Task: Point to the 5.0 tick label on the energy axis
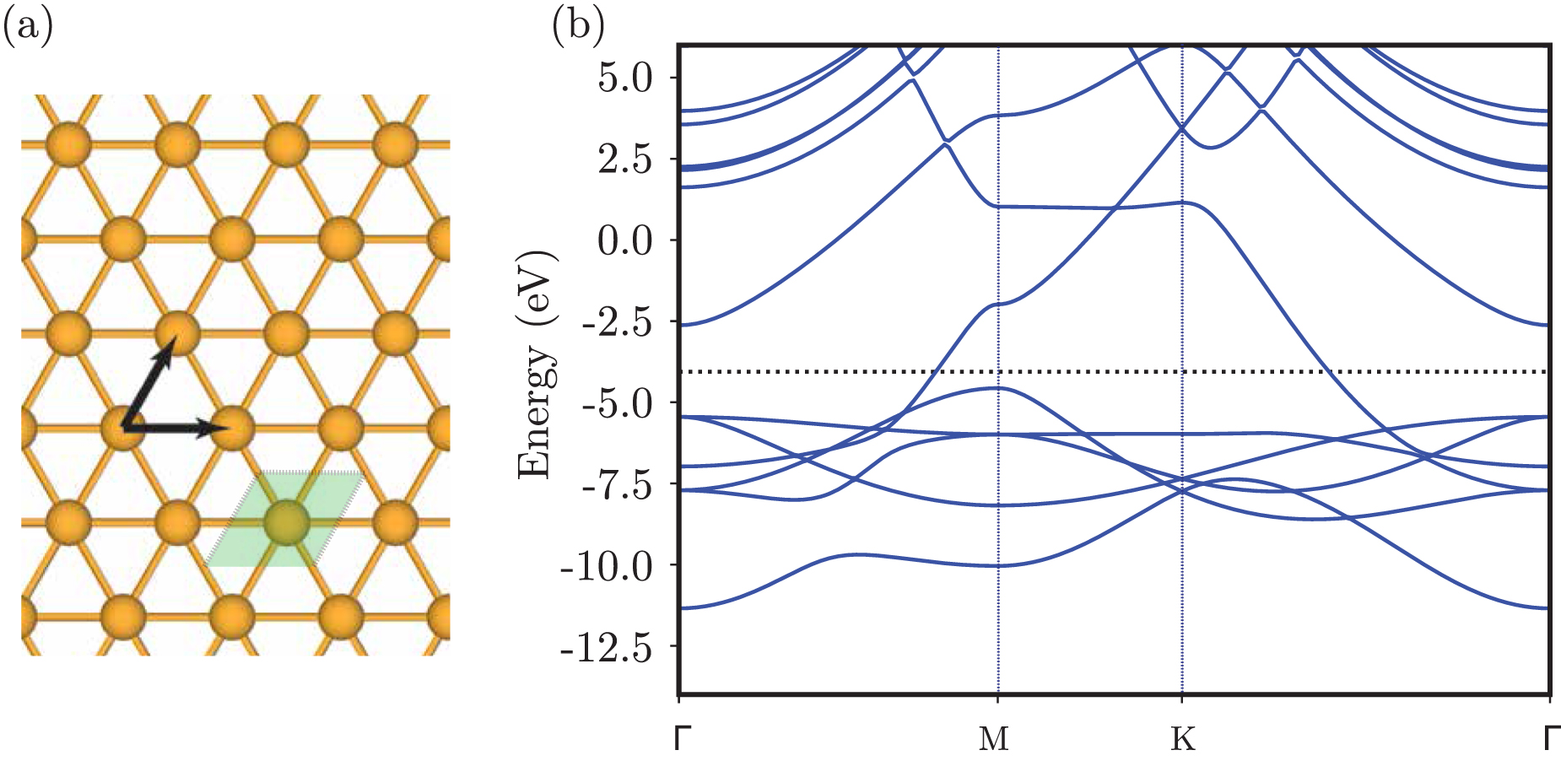tap(625, 78)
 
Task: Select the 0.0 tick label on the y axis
tap(625, 241)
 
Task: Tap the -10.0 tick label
tap(607, 567)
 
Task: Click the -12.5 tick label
tap(607, 648)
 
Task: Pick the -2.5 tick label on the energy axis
tap(616, 322)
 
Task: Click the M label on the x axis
tap(994, 739)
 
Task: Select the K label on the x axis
tap(1183, 739)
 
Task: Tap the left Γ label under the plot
tap(683, 737)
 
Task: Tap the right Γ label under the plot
tap(1552, 737)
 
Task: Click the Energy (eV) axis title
tap(536, 364)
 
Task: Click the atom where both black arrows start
tap(123, 429)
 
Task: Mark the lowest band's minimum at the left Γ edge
tap(681, 607)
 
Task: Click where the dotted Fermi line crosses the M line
tap(998, 371)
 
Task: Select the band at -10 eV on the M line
tap(998, 565)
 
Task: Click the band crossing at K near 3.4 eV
tap(1182, 128)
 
